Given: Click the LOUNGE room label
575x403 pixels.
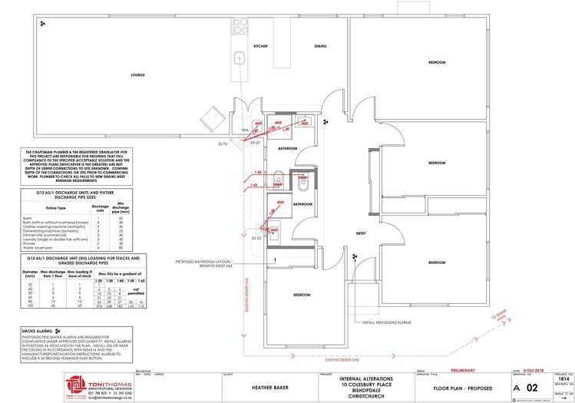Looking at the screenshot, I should [x=138, y=75].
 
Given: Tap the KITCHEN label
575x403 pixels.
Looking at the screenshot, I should [x=261, y=47].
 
